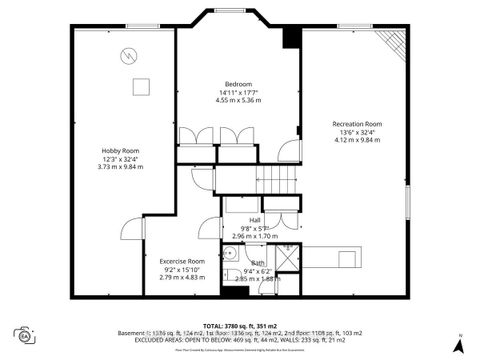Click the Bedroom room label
(x=238, y=83)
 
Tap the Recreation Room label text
(x=357, y=124)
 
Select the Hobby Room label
(x=121, y=150)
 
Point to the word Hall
(x=255, y=220)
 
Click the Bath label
(x=259, y=263)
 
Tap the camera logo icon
(x=22, y=334)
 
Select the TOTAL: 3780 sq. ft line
(x=240, y=326)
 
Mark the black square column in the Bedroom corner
(x=291, y=37)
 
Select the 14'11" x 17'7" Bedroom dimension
(x=238, y=92)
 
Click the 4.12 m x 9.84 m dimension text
(x=357, y=141)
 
